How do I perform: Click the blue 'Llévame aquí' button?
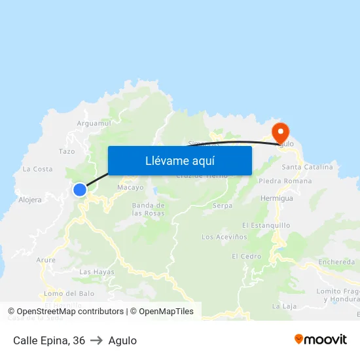click(x=179, y=160)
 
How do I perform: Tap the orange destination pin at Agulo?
click(x=281, y=132)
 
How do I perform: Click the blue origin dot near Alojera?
click(x=80, y=190)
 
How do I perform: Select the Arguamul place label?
click(x=94, y=122)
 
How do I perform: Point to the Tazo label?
click(x=67, y=151)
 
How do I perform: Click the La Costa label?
click(x=37, y=169)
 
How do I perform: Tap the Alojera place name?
click(x=30, y=200)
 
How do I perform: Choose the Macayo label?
click(x=130, y=188)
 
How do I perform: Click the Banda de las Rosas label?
click(x=148, y=209)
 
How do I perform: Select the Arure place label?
click(x=46, y=260)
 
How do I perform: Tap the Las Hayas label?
click(x=96, y=272)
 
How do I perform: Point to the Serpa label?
click(x=223, y=206)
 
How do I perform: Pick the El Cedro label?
click(x=246, y=256)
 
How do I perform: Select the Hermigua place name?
click(x=277, y=197)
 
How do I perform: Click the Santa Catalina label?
click(x=307, y=167)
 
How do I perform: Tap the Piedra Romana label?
click(x=285, y=181)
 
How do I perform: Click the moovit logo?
click(x=320, y=340)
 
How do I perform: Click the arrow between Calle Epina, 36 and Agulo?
click(x=97, y=340)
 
